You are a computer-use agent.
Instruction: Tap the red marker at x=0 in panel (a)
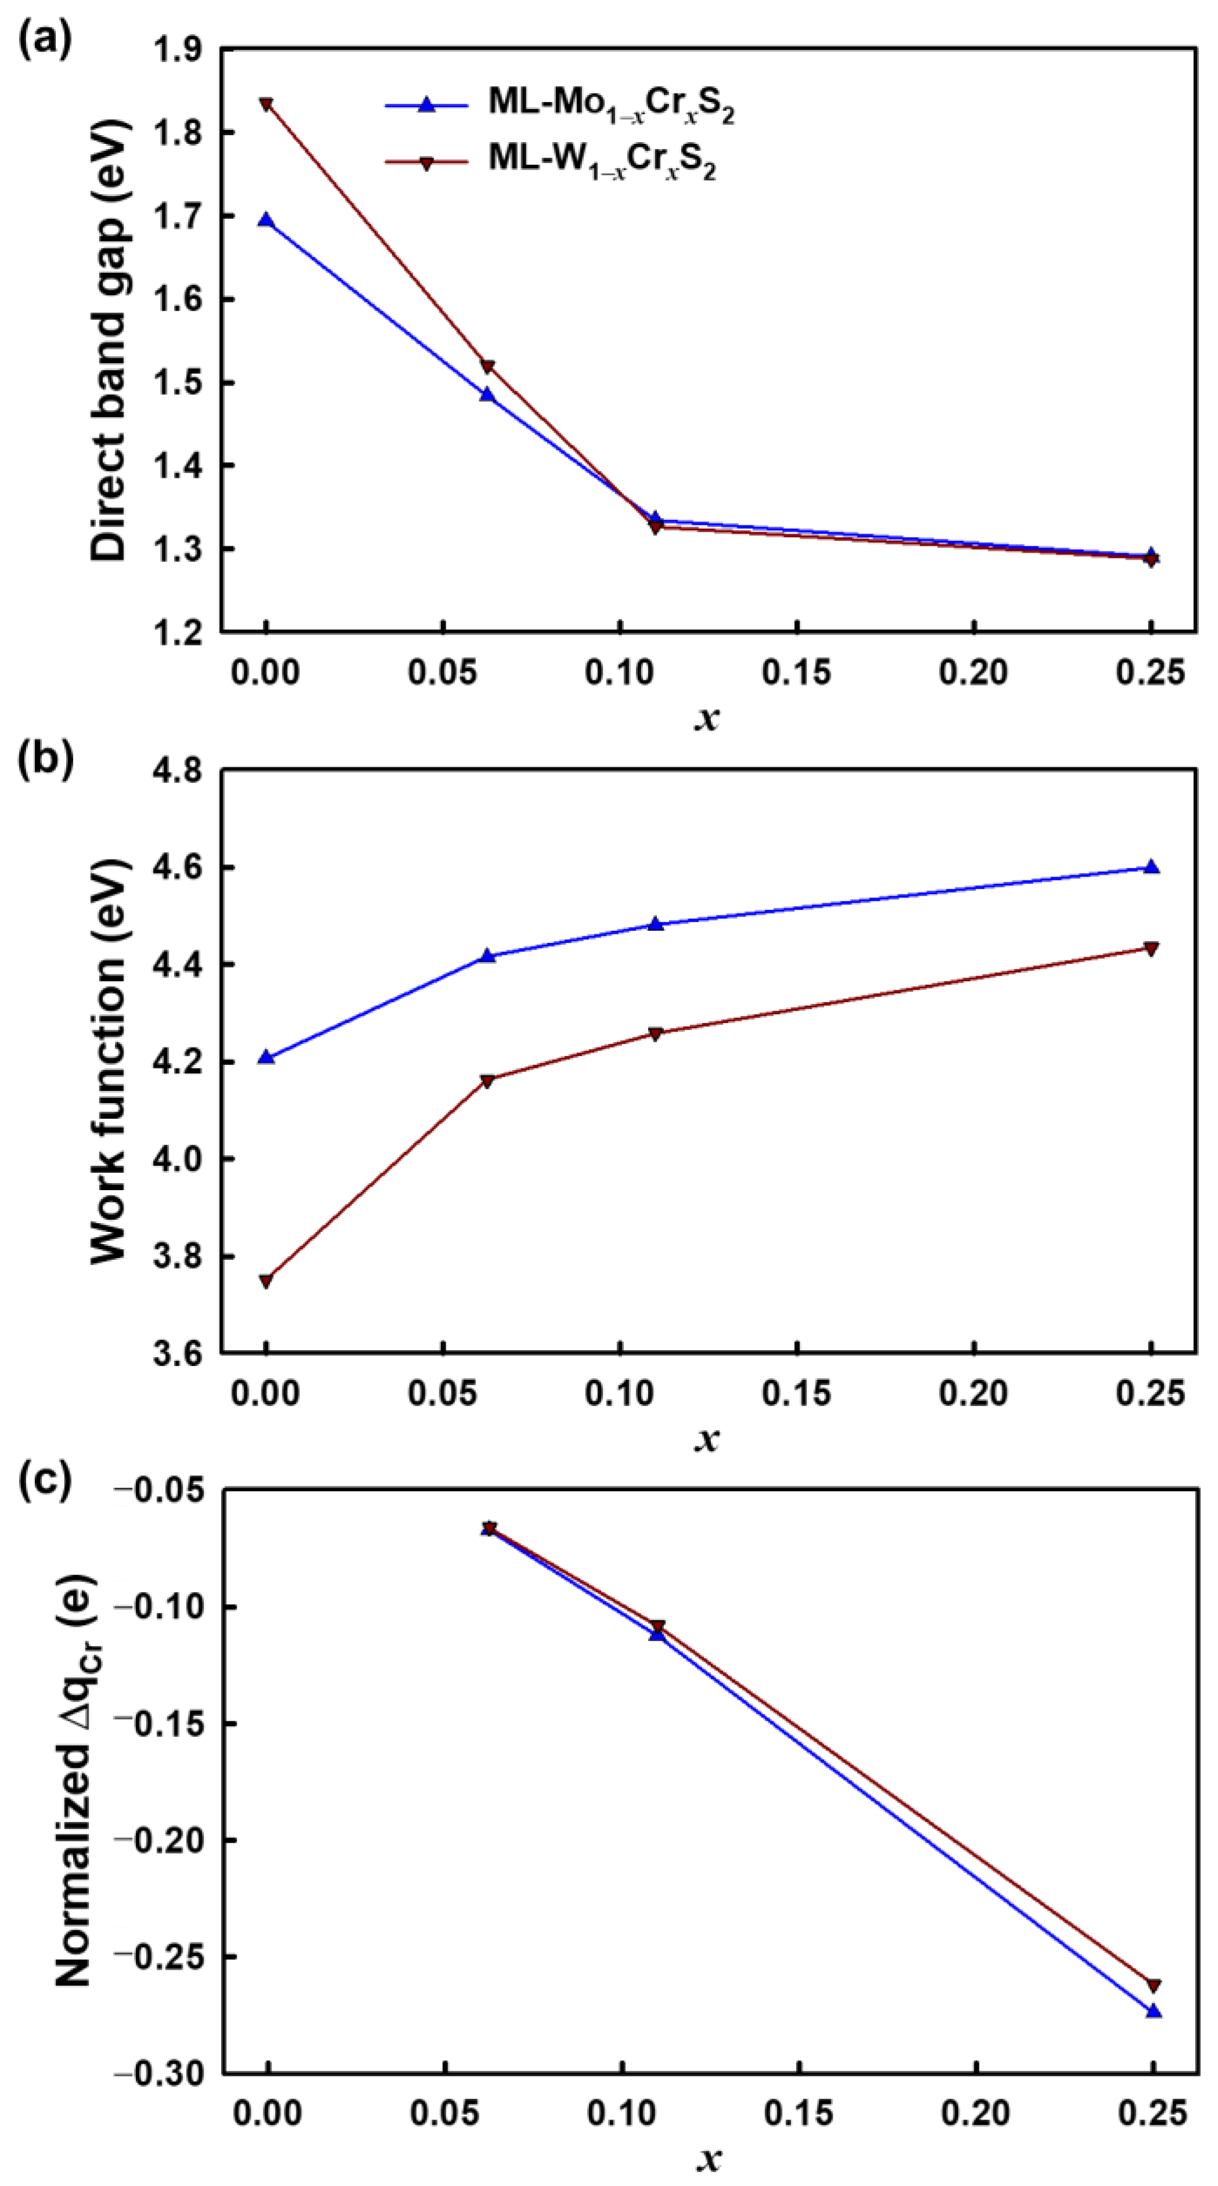click(266, 104)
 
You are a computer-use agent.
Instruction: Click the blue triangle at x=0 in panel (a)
click(266, 220)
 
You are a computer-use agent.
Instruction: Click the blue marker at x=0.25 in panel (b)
click(1151, 867)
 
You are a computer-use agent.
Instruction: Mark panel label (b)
click(46, 759)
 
